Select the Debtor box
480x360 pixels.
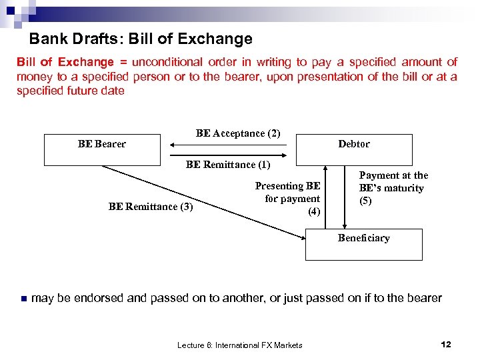[353, 150]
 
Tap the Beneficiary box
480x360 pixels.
[363, 244]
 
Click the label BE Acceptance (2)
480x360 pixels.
[238, 133]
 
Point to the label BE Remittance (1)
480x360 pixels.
[228, 164]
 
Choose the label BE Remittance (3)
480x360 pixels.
[151, 207]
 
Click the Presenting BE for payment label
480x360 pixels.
[288, 199]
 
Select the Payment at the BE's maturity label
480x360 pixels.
[393, 188]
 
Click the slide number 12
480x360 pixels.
[446, 344]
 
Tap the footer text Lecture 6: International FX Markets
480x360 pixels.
[239, 345]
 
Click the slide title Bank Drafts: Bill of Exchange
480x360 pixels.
[141, 39]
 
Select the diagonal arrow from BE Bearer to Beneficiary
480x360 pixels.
[200, 199]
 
